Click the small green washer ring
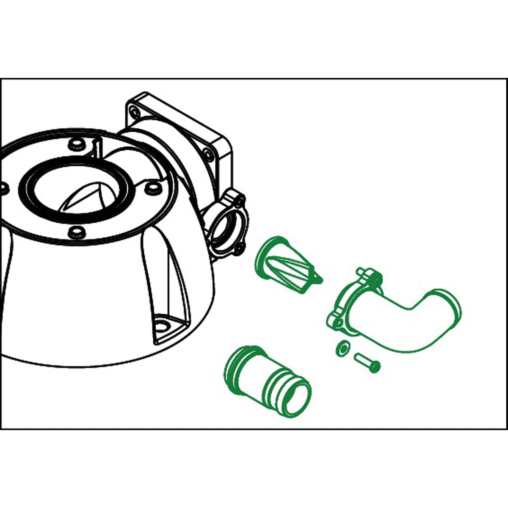(x=342, y=348)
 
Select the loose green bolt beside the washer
(x=367, y=363)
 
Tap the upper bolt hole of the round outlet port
(x=241, y=199)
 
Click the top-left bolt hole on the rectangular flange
(x=134, y=112)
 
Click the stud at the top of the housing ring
(x=76, y=144)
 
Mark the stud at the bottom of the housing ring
(x=76, y=232)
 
